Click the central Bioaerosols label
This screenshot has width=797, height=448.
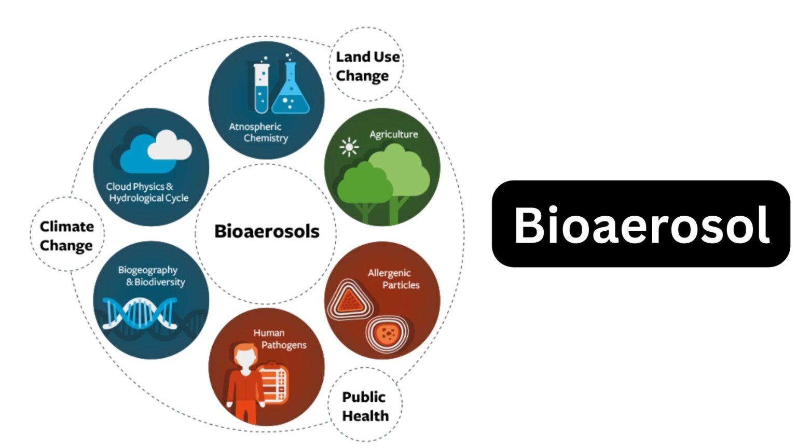pos(267,231)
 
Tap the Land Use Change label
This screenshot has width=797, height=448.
pos(367,66)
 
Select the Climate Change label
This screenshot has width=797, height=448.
pos(67,236)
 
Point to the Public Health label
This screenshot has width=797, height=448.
pos(365,406)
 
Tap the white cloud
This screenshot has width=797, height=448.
pos(169,145)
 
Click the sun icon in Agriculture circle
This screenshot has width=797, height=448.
pos(349,147)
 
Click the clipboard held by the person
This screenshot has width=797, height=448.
pos(273,383)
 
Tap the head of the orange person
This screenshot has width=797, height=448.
pos(245,356)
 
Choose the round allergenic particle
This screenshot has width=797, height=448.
pos(387,333)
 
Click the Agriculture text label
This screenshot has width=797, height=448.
pos(393,134)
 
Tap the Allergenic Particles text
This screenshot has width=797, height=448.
pos(394,279)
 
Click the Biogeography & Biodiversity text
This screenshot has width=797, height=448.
pos(151,276)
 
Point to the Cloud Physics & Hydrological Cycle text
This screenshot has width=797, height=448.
pos(147,192)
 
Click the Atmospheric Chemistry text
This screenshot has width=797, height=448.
pos(258,132)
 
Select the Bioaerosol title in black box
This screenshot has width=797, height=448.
pos(641,224)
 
